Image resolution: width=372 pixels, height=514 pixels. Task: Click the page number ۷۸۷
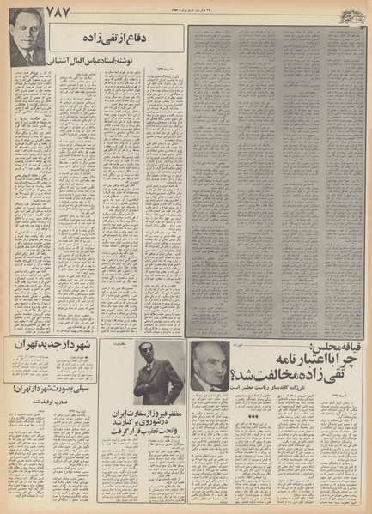tap(21, 12)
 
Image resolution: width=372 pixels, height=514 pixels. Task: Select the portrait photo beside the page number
tap(24, 45)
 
